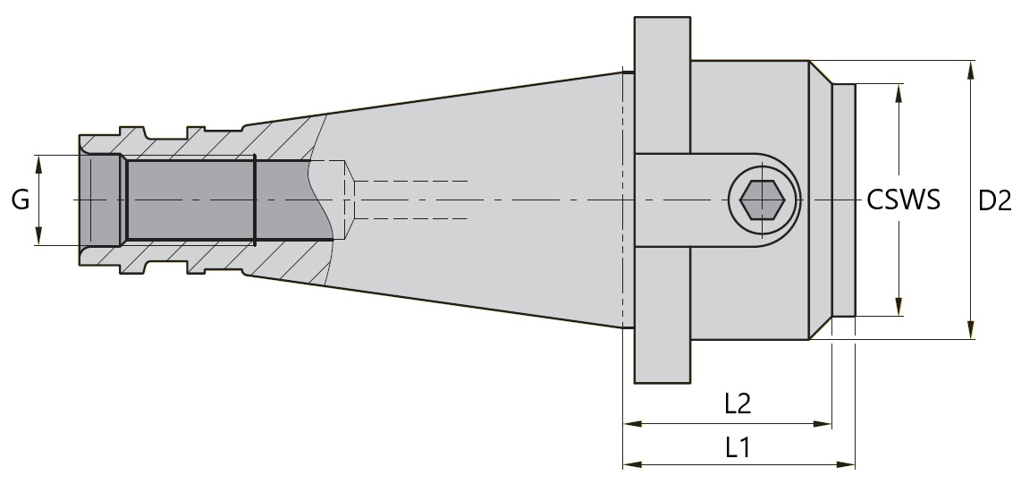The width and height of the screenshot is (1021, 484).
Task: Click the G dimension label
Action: pyautogui.click(x=20, y=200)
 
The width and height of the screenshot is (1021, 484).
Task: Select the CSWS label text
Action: pyautogui.click(x=903, y=200)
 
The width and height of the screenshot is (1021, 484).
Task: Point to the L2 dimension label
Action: pyautogui.click(x=738, y=403)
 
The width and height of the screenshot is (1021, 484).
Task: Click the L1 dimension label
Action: pyautogui.click(x=738, y=446)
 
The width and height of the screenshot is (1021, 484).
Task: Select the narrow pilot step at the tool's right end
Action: pyautogui.click(x=844, y=200)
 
